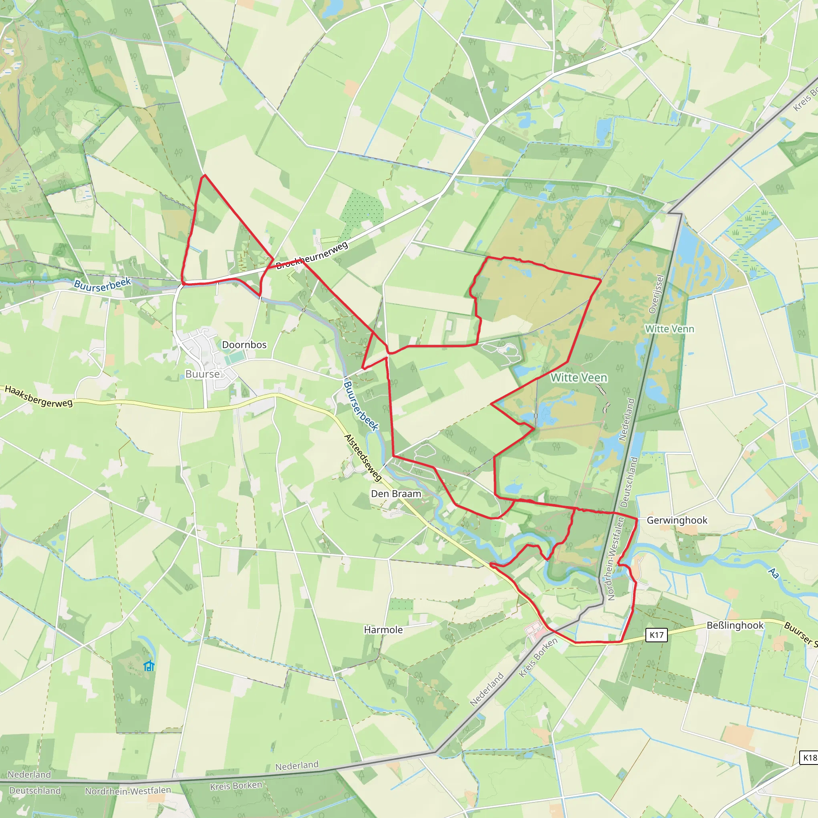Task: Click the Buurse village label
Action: click(x=203, y=374)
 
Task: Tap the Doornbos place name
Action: click(x=244, y=345)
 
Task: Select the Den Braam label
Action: click(x=396, y=494)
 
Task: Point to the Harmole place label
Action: click(x=383, y=629)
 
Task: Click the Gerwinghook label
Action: click(x=677, y=520)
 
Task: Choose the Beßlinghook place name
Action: click(x=735, y=625)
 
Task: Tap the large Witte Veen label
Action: click(x=579, y=378)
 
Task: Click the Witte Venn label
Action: click(x=669, y=329)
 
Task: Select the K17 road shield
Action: click(x=656, y=635)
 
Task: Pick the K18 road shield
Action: click(x=809, y=757)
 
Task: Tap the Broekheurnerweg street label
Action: click(x=312, y=255)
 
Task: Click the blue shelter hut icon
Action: click(x=149, y=665)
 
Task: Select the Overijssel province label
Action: click(x=656, y=294)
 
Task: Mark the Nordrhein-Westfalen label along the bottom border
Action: click(x=128, y=790)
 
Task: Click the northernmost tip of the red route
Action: click(x=204, y=175)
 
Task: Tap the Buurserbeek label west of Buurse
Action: click(x=103, y=284)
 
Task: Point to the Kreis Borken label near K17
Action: click(x=538, y=657)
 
